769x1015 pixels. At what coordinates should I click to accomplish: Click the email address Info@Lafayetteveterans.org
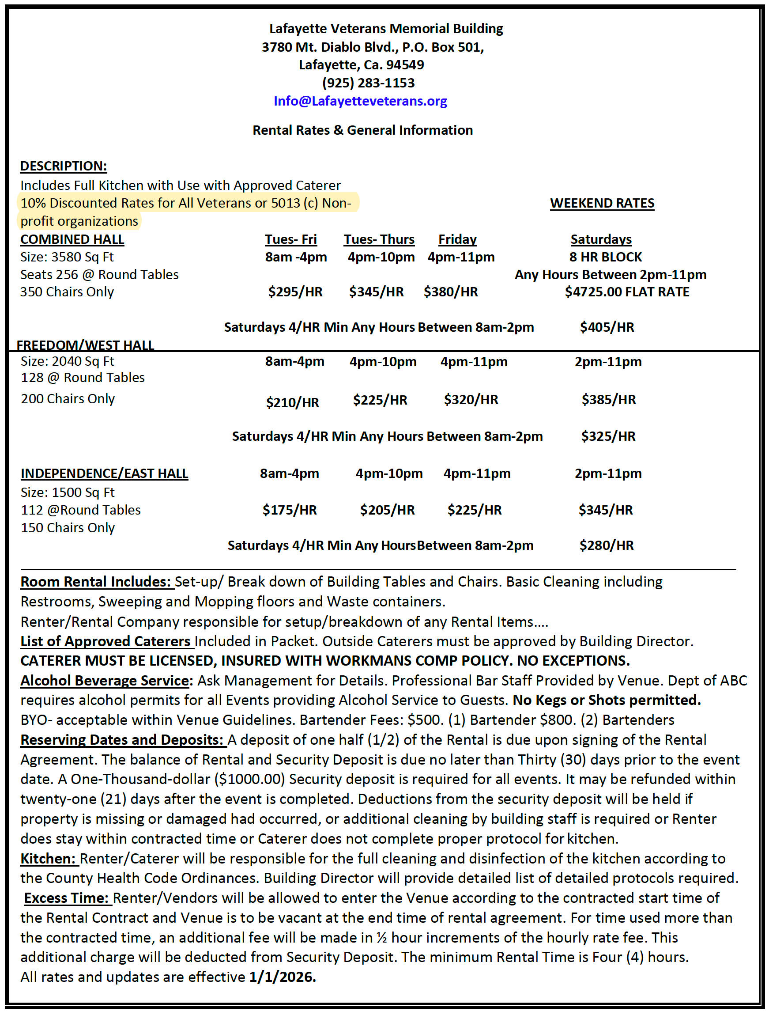360,101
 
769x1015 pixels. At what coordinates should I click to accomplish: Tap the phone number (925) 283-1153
368,83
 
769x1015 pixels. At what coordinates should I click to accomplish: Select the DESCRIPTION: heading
63,166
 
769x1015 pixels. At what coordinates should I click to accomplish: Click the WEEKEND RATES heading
602,203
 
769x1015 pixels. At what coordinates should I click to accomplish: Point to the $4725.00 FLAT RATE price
626,292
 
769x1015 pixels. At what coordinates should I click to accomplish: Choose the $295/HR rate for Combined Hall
295,292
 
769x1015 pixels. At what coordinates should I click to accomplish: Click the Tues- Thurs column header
379,239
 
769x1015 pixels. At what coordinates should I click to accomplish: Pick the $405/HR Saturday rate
606,327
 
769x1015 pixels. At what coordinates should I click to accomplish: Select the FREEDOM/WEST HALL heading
85,345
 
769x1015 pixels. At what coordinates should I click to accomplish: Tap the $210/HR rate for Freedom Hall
292,402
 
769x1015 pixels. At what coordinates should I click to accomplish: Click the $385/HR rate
608,400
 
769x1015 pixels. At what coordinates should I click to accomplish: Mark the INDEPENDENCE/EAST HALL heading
104,473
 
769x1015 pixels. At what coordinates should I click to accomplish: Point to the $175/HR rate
289,510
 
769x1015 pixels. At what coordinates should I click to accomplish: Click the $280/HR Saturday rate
606,545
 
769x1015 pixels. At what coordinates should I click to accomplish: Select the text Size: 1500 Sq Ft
68,492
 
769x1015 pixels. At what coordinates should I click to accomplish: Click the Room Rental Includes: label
96,581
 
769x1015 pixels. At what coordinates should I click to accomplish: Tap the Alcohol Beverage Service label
105,680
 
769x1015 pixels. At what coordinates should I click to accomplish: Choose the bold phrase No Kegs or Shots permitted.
606,700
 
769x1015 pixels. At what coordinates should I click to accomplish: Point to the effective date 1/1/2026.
282,977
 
